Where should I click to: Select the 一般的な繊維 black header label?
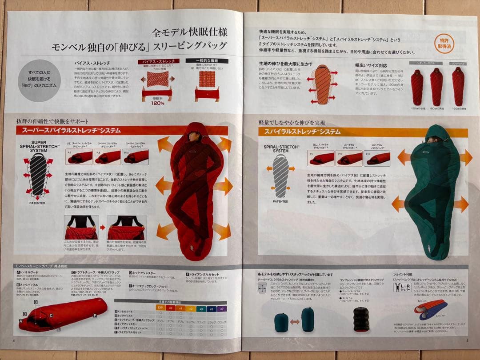click(x=206, y=61)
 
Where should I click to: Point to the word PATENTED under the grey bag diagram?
click(x=280, y=201)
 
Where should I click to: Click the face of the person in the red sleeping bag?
click(x=194, y=136)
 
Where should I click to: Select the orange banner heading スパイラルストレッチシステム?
click(x=302, y=132)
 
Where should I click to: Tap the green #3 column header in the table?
click(x=201, y=308)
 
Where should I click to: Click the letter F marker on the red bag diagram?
click(x=95, y=315)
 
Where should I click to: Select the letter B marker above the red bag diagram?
click(x=36, y=302)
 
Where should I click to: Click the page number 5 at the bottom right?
click(x=467, y=341)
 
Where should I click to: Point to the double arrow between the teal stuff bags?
click(x=294, y=321)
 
